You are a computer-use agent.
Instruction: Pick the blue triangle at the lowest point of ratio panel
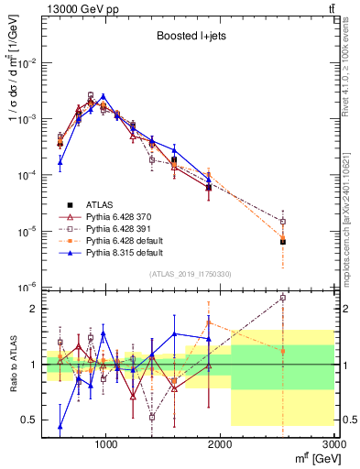[x=60, y=426]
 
